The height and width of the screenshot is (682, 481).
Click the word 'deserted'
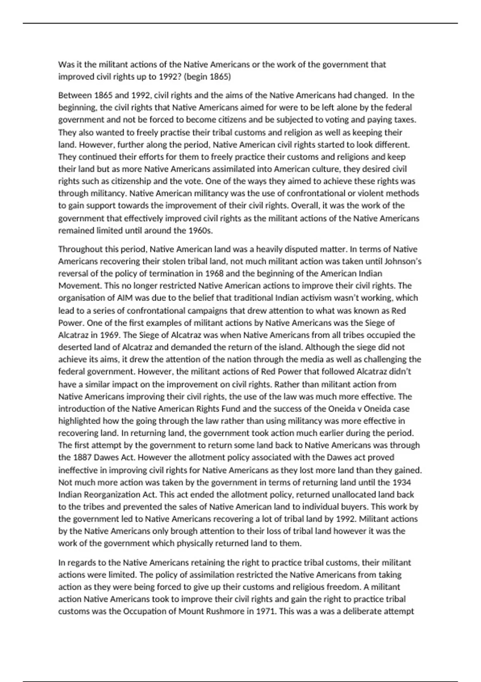tap(75, 347)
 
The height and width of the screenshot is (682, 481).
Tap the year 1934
tap(402, 482)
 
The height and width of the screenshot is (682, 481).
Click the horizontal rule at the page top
tap(240, 23)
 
